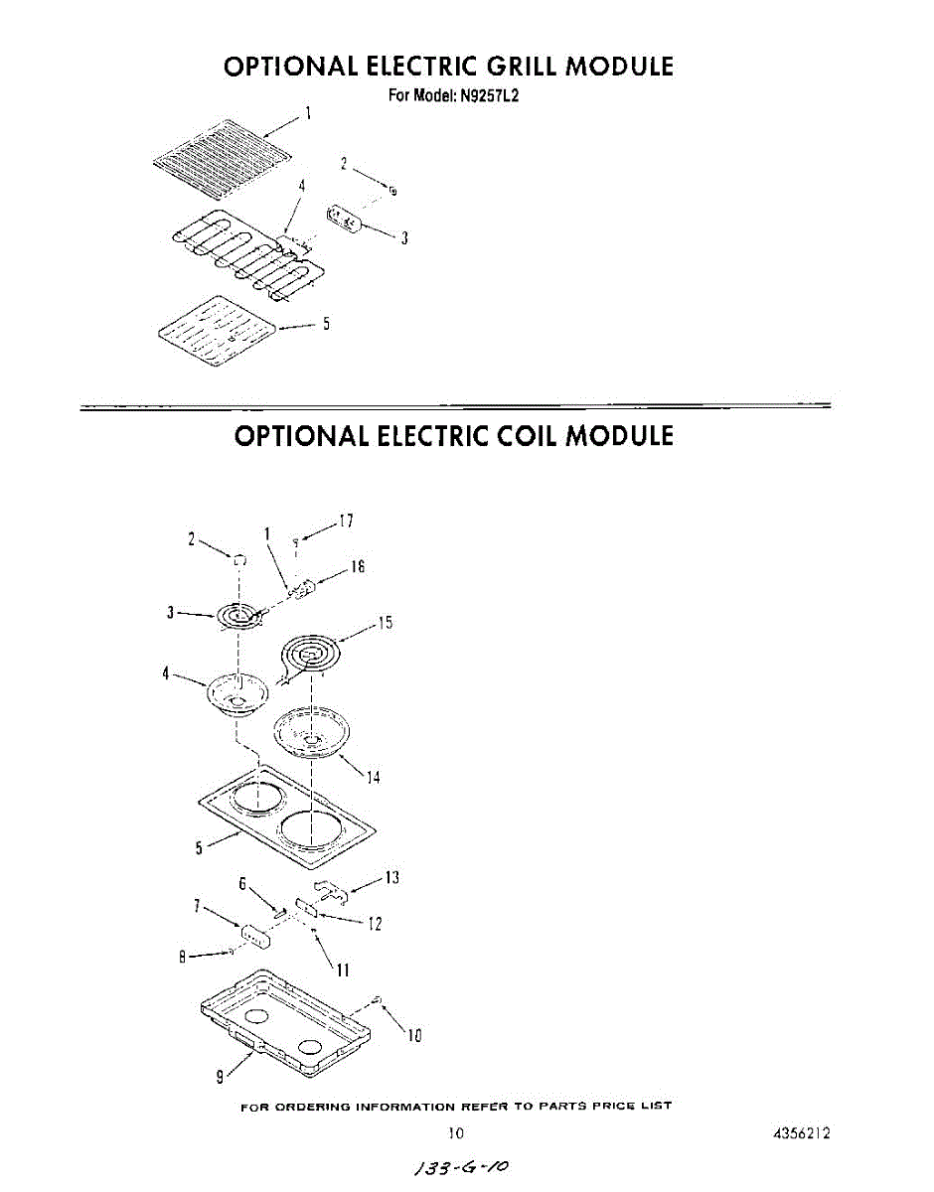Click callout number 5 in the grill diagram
(326, 324)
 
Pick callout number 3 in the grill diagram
(404, 238)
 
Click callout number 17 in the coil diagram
(347, 521)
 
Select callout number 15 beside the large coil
(386, 622)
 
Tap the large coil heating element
(312, 659)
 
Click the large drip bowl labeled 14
(312, 733)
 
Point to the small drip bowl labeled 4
(238, 692)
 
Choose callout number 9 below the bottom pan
(220, 1078)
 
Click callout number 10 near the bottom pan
(415, 1035)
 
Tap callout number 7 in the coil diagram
(196, 906)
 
